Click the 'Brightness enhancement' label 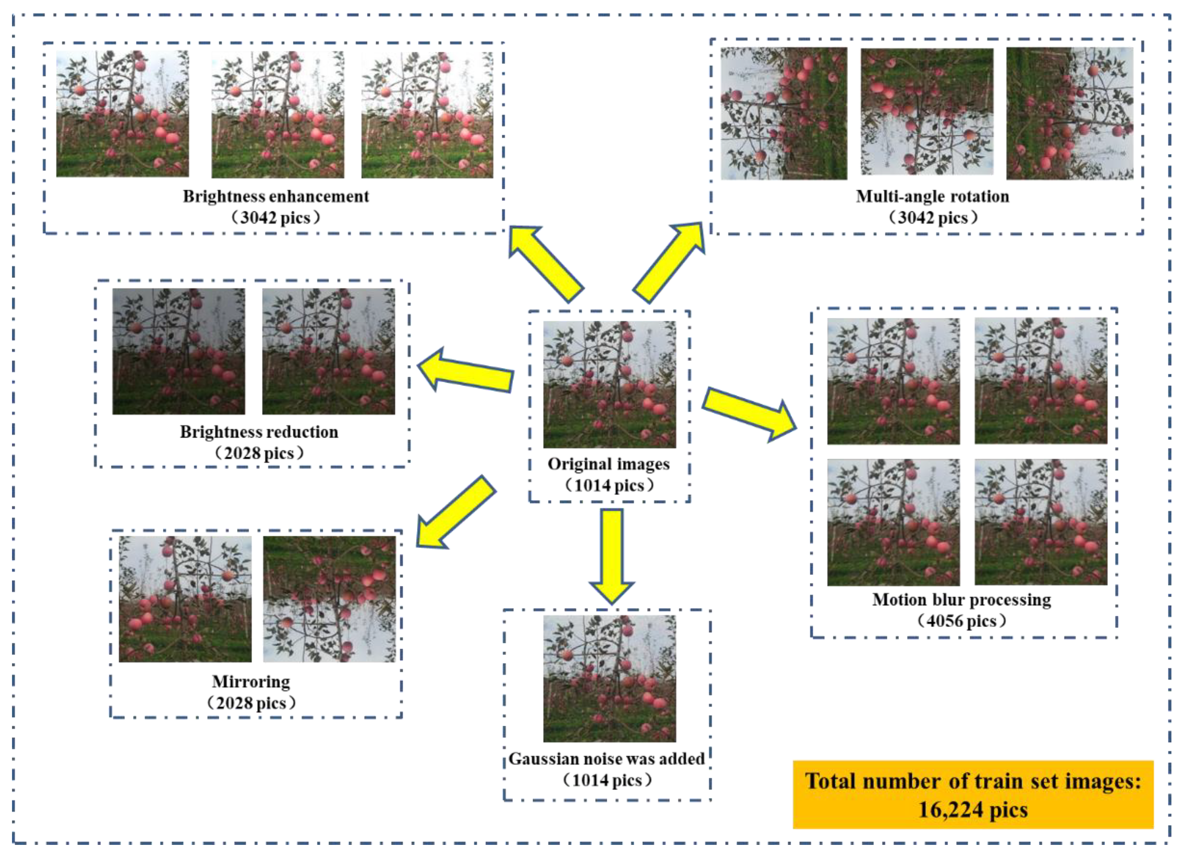pyautogui.click(x=276, y=197)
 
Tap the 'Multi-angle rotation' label pyautogui.click(x=932, y=197)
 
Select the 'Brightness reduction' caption pyautogui.click(x=259, y=432)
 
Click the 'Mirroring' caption pyautogui.click(x=251, y=682)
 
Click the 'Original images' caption pyautogui.click(x=609, y=464)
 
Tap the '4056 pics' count pyautogui.click(x=961, y=621)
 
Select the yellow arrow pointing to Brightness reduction pyautogui.click(x=465, y=371)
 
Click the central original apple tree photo pyautogui.click(x=609, y=384)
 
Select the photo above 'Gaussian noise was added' pyautogui.click(x=609, y=679)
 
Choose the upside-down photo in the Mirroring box pyautogui.click(x=330, y=599)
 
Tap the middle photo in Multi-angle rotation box pyautogui.click(x=927, y=112)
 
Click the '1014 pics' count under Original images pyautogui.click(x=609, y=486)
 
